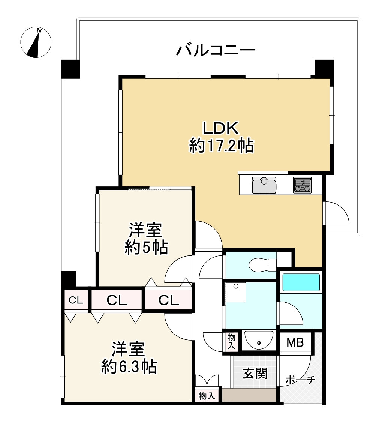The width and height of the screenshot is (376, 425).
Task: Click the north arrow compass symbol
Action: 36,43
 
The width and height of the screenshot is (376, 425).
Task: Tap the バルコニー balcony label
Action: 216,50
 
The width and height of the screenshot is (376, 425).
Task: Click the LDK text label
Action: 220,129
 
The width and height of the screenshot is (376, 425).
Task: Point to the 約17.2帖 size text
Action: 221,146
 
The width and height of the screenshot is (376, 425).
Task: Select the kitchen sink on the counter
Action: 264,185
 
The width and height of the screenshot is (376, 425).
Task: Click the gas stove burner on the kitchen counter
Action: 302,185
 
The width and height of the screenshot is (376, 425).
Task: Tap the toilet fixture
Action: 262,264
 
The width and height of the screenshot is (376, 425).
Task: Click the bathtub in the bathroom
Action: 301,282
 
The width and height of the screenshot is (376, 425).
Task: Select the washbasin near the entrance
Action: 258,340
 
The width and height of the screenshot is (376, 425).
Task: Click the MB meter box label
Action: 295,342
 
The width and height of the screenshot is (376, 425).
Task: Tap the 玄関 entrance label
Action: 255,373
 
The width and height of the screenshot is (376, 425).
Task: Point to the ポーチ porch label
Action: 300,380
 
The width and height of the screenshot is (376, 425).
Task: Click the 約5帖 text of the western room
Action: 146,248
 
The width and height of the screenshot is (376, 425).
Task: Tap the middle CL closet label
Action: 117,300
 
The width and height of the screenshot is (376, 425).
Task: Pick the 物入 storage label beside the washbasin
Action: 231,342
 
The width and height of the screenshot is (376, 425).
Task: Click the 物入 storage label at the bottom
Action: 207,396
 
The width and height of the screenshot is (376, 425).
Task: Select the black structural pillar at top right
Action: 324,68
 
